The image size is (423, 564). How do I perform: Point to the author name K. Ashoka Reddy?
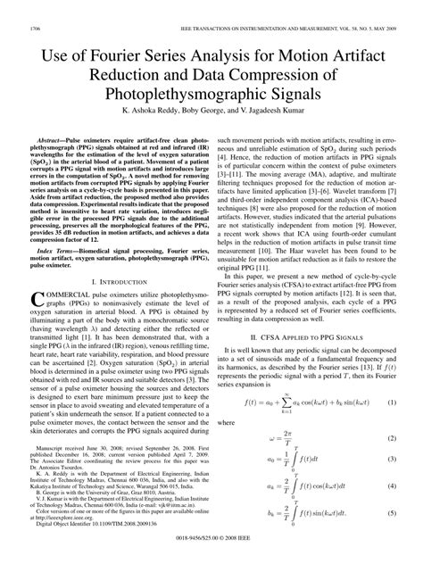tap(142, 113)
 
